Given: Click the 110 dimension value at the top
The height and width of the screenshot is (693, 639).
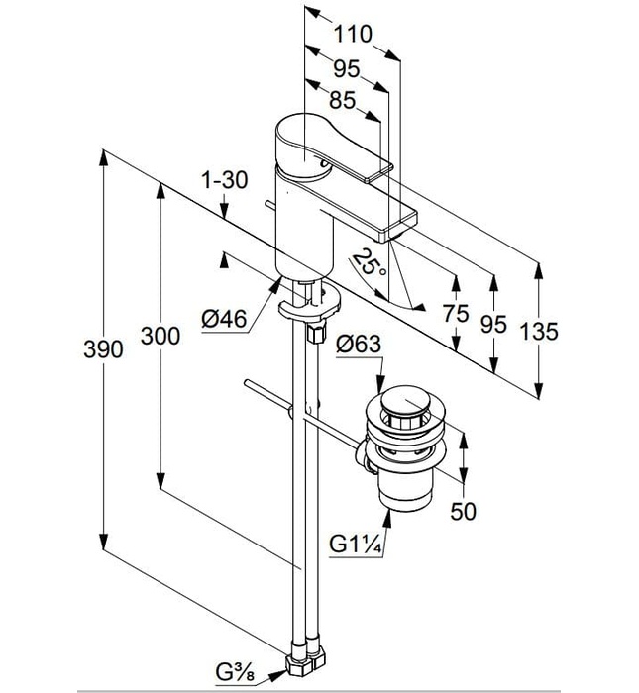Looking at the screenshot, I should [x=353, y=34].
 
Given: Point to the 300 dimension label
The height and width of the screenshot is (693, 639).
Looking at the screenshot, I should [x=160, y=336].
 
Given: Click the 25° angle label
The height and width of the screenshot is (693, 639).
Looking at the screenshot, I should [x=370, y=265].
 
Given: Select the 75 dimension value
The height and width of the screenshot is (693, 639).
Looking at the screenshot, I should [x=456, y=315].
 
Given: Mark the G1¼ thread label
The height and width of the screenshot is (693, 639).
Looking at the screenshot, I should [x=354, y=544].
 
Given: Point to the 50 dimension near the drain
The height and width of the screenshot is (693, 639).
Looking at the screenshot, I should [x=464, y=511].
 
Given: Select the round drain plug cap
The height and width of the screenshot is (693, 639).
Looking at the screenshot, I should [x=406, y=404].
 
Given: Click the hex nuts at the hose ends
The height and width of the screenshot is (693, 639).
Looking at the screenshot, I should [x=303, y=658].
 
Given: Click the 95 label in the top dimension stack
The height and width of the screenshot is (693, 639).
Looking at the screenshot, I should [x=346, y=67].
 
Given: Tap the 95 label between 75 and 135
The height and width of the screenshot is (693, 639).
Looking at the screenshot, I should [x=494, y=324].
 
